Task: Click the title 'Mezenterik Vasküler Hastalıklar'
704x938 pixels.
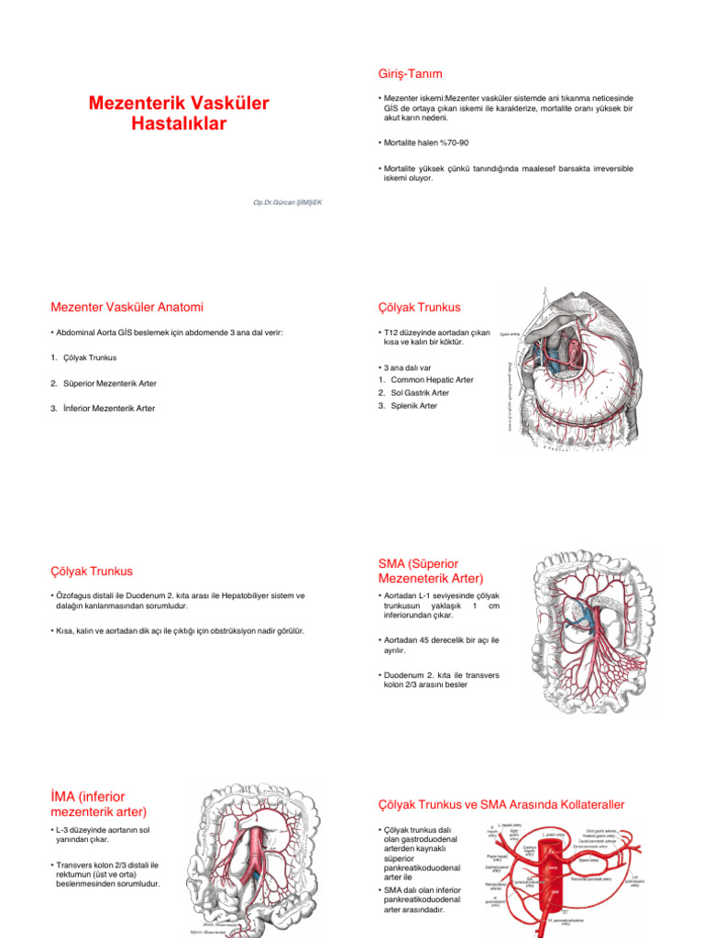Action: (179, 114)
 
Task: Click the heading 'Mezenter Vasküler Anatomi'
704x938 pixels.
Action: (127, 306)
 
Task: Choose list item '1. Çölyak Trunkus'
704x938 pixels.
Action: (83, 357)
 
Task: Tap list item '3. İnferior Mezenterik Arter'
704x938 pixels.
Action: (103, 408)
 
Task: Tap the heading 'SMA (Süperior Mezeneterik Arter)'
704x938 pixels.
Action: (430, 571)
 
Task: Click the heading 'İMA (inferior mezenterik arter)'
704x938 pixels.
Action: (99, 803)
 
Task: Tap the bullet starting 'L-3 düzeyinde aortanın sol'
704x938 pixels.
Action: (103, 836)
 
